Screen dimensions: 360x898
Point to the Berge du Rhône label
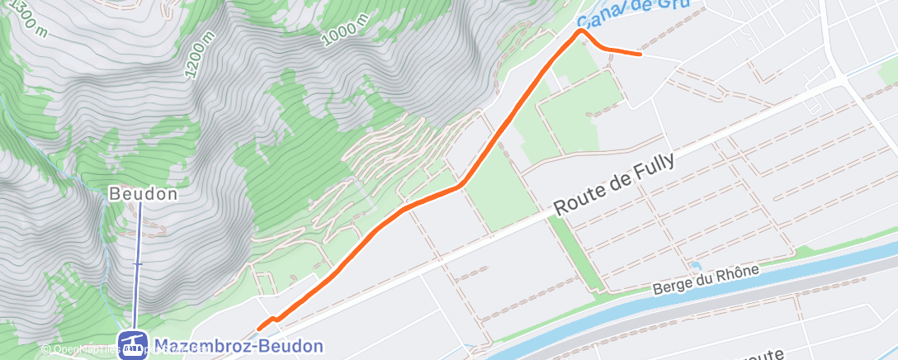(x=705, y=278)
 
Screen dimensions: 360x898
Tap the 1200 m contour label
(x=201, y=55)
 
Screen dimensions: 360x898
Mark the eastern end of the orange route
(x=640, y=54)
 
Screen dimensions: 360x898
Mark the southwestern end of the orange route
(x=259, y=328)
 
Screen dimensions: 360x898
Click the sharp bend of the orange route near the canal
(x=583, y=31)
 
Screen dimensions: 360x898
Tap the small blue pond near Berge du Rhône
(x=695, y=266)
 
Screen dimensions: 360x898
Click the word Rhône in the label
(x=737, y=272)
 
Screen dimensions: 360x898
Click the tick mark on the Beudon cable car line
(x=138, y=264)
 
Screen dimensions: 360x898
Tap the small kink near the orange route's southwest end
(x=273, y=318)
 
